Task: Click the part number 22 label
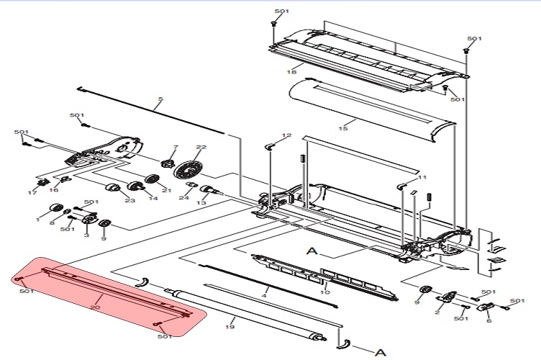201,148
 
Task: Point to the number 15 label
343,128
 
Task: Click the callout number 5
160,99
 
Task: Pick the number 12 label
287,136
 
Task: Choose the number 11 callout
422,177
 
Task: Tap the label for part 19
230,328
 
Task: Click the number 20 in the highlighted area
96,307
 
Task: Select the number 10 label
324,292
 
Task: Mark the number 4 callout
265,296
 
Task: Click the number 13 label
202,204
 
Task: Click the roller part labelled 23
112,189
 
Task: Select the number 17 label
32,193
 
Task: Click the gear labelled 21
152,179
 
